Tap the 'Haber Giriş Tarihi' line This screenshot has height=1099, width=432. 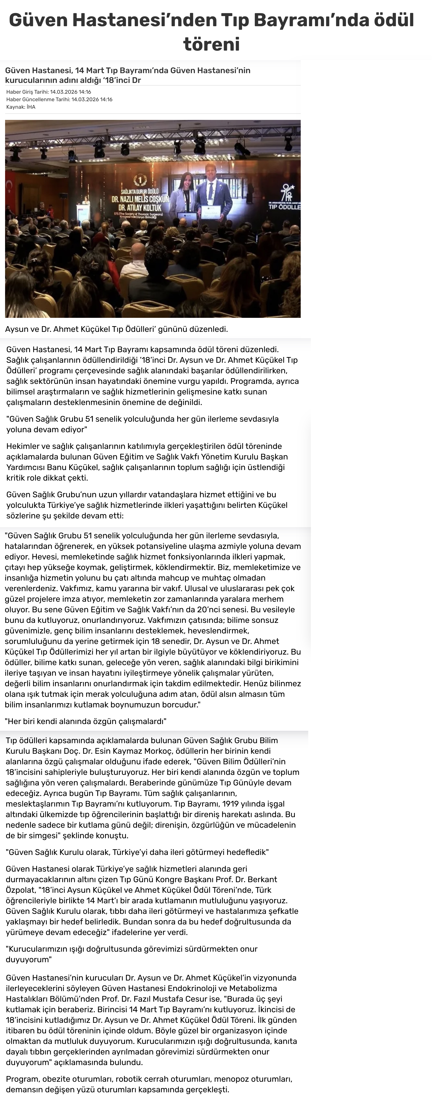click(49, 92)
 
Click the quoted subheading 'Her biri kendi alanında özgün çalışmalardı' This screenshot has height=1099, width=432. click(85, 721)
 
